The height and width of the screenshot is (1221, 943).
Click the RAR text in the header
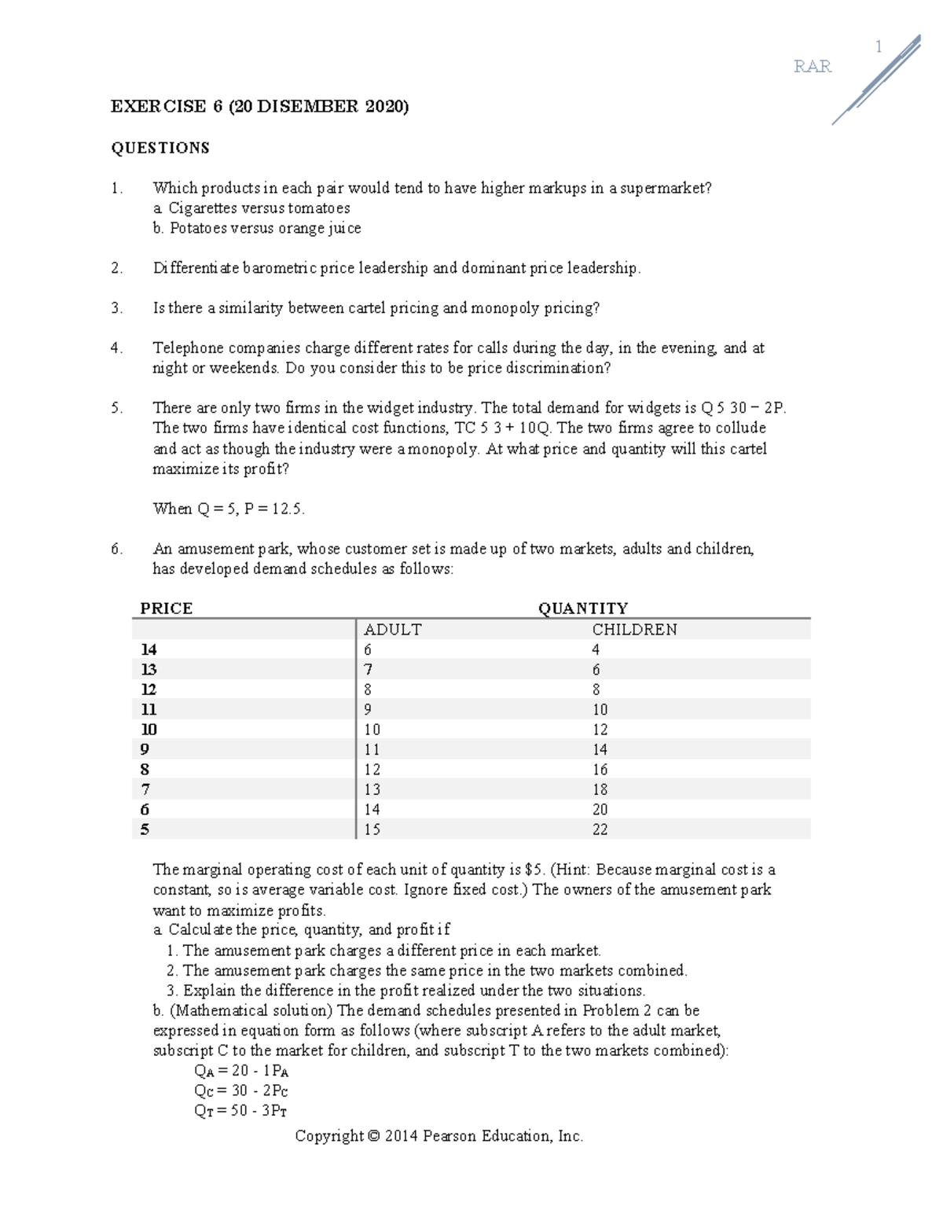click(812, 67)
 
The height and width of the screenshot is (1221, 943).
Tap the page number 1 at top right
click(879, 47)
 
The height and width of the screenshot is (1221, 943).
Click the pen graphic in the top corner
click(876, 80)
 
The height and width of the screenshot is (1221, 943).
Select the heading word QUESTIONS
click(160, 148)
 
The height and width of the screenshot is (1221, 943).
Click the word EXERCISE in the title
click(158, 106)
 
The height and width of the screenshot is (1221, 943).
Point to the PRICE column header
click(166, 609)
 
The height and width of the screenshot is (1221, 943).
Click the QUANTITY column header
click(582, 609)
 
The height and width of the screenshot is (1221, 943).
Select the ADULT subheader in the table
click(392, 630)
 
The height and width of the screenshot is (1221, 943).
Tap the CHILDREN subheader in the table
click(634, 630)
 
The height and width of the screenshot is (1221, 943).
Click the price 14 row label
click(149, 649)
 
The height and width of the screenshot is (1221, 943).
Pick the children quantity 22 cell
click(600, 829)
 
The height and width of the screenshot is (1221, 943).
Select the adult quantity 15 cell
click(372, 829)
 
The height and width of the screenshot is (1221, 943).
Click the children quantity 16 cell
click(600, 770)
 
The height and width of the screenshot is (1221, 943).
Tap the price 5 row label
click(145, 829)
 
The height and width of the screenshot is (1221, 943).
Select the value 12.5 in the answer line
click(287, 509)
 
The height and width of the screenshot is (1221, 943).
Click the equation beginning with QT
click(240, 1111)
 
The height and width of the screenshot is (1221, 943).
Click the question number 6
click(116, 549)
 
